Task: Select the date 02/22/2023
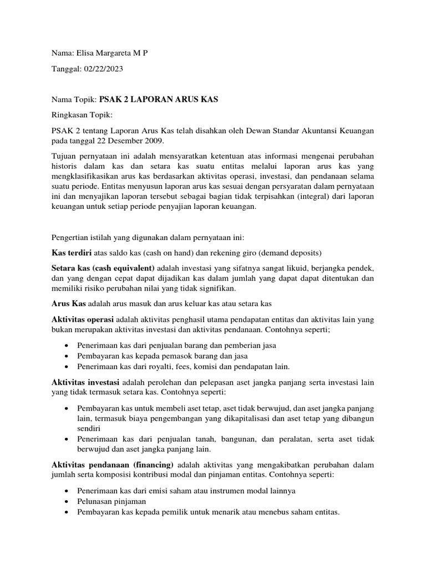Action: coord(103,69)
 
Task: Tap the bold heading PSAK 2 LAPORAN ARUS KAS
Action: coord(159,99)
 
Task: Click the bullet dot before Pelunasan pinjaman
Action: coord(67,501)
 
